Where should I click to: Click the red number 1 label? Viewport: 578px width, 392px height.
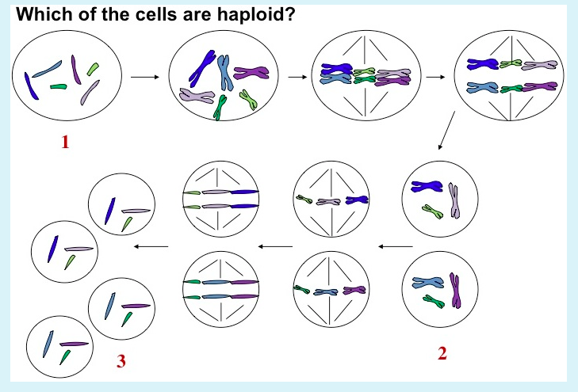point(65,142)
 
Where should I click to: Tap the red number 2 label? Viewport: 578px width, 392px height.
point(442,353)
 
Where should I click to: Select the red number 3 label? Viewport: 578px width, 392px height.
point(121,361)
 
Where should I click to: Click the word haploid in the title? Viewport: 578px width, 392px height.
point(256,15)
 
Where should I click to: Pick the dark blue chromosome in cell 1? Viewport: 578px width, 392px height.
point(31,86)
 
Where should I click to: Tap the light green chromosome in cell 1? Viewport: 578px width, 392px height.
point(93,69)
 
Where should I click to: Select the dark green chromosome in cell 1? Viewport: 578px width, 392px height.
point(59,87)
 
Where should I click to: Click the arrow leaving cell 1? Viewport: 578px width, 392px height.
point(145,77)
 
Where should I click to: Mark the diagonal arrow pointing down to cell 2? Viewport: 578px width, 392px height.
point(446,131)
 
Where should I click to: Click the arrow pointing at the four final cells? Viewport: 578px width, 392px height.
point(151,246)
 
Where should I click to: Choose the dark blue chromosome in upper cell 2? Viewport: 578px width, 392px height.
point(427,186)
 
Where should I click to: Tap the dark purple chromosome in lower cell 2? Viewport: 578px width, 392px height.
point(456,291)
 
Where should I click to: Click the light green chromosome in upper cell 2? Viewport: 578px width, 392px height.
point(433,211)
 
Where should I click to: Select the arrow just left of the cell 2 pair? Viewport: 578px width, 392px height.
point(396,246)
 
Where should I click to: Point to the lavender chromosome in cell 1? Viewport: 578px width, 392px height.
point(90,93)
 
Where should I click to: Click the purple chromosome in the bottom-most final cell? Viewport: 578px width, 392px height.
point(74,344)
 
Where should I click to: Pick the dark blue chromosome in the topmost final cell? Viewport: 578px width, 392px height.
point(110,211)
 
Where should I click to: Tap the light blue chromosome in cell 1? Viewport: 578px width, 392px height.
point(47,69)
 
